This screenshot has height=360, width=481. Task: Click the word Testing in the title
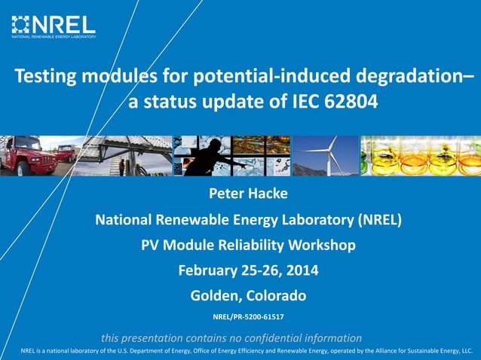[x=47, y=76]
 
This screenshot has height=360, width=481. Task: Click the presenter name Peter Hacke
[x=248, y=194]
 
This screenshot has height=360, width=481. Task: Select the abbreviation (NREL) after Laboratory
[x=375, y=220]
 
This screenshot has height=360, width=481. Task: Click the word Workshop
[x=320, y=245]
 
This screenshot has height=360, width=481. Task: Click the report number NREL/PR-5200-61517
[x=248, y=316]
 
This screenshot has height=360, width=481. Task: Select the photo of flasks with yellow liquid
[x=420, y=156]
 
